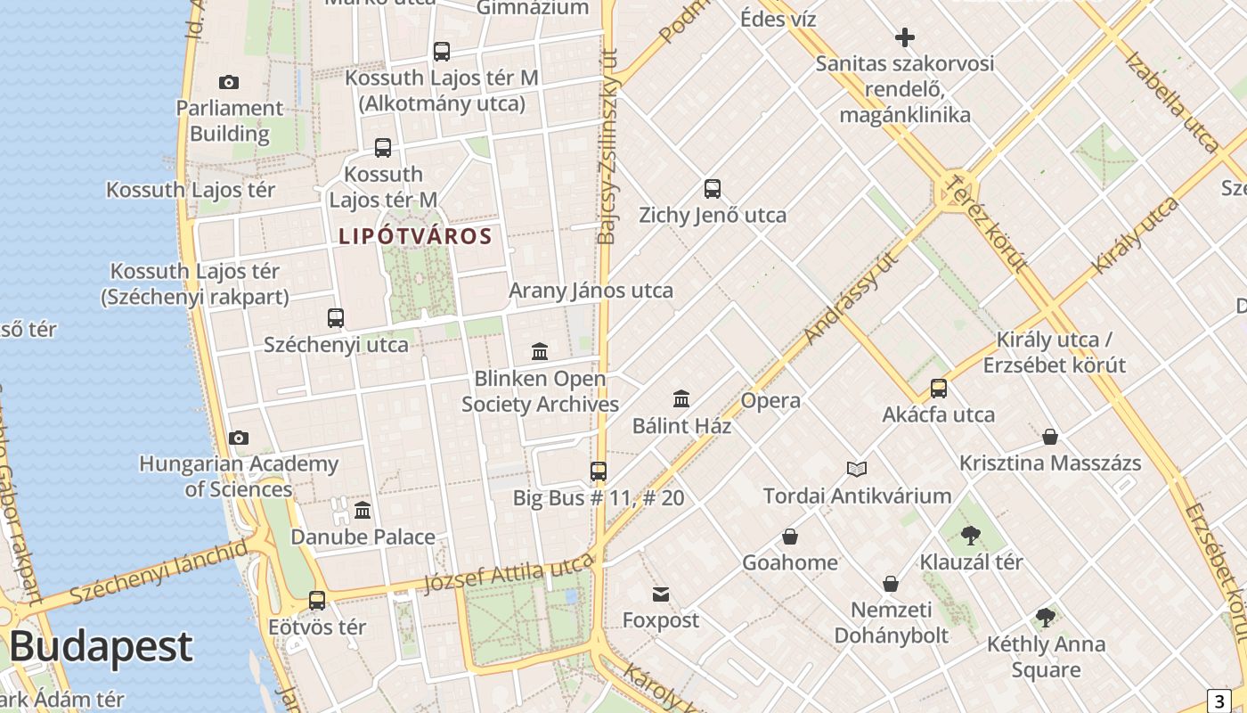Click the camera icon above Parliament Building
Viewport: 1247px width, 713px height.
tap(229, 83)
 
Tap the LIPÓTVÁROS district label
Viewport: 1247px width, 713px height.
tap(415, 236)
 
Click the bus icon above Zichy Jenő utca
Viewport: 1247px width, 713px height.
tap(712, 189)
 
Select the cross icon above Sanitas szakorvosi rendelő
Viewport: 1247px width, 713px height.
tap(905, 37)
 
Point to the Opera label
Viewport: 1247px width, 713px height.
tap(770, 401)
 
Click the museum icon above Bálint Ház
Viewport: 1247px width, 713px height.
tap(681, 398)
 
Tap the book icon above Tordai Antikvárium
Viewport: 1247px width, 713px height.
tap(857, 469)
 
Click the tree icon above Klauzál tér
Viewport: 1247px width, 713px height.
tap(971, 536)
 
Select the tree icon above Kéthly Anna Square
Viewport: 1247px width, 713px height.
tap(1046, 618)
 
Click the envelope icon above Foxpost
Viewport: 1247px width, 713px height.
tap(660, 594)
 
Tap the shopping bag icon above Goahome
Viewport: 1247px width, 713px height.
tap(789, 537)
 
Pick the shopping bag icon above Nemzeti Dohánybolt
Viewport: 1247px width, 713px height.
tap(891, 585)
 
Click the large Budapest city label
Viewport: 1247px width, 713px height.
tap(101, 647)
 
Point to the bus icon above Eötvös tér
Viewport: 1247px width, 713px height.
tap(317, 601)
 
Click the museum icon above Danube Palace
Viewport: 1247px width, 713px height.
tap(363, 511)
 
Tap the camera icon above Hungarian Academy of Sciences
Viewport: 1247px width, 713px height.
tap(238, 438)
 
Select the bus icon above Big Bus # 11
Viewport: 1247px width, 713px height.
tap(599, 471)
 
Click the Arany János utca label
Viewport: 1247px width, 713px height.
tap(591, 291)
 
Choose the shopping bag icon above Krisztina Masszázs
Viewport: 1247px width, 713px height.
tap(1050, 437)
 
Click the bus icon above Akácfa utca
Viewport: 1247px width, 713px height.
tap(939, 389)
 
